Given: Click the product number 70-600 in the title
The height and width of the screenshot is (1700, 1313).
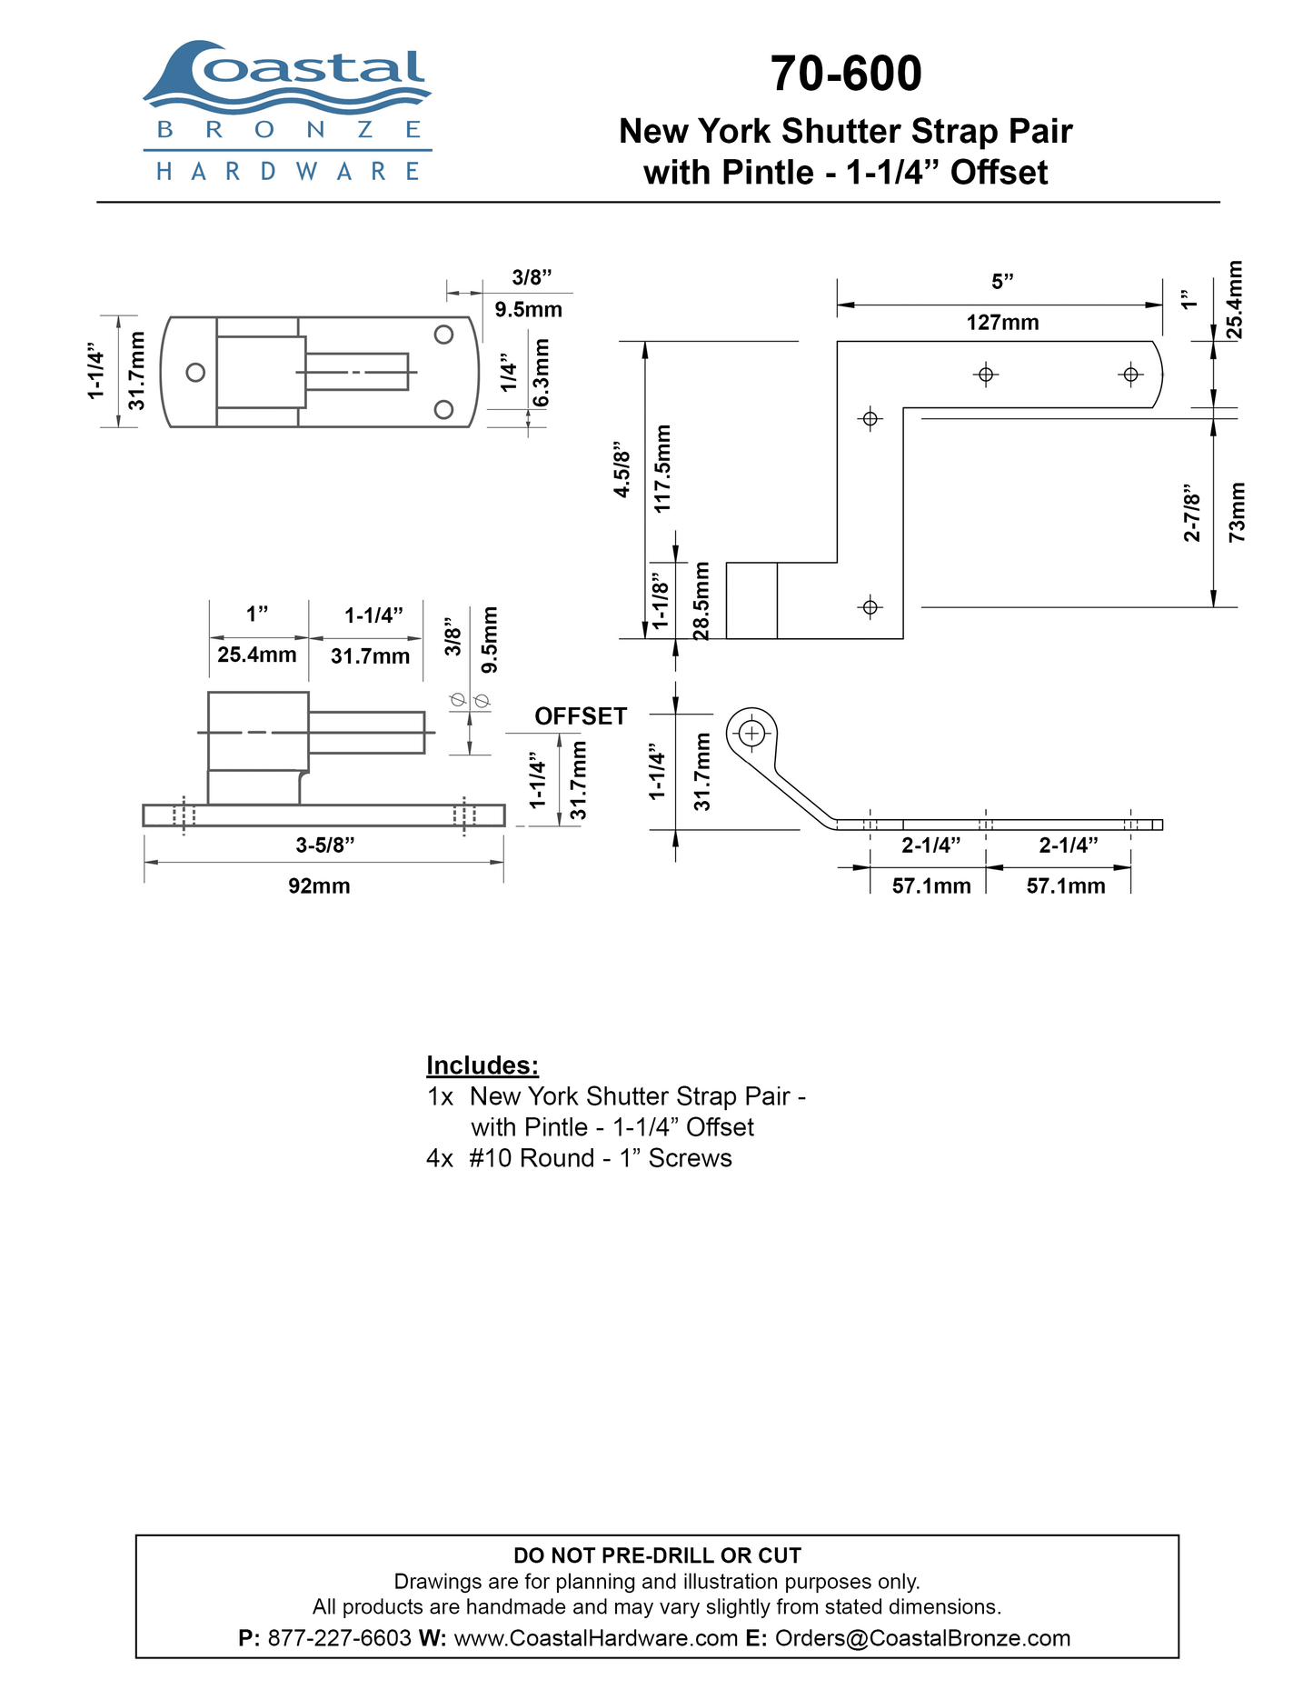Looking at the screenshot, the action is pyautogui.click(x=846, y=74).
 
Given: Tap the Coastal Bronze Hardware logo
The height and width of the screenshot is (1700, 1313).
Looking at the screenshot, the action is pyautogui.click(x=287, y=110).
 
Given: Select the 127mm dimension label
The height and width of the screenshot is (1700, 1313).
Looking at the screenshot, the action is pyautogui.click(x=1002, y=323).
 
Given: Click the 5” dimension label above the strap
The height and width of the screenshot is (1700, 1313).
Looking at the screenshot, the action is pyautogui.click(x=1002, y=282).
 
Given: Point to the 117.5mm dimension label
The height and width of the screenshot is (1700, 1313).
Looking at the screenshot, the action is pyautogui.click(x=662, y=468).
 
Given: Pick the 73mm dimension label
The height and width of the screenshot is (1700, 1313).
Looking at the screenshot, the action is pyautogui.click(x=1237, y=513).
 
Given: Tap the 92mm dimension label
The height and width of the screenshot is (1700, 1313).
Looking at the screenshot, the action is pyautogui.click(x=319, y=885).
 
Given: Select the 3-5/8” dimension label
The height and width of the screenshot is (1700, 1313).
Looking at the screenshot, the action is pyautogui.click(x=324, y=845).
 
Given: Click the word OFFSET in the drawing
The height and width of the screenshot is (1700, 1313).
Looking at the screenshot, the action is pyautogui.click(x=581, y=716).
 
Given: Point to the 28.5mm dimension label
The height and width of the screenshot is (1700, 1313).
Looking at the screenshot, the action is pyautogui.click(x=701, y=601).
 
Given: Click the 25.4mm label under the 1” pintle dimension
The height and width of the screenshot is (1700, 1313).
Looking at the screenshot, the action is pyautogui.click(x=257, y=655).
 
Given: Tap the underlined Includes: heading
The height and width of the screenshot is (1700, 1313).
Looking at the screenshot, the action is pyautogui.click(x=482, y=1065).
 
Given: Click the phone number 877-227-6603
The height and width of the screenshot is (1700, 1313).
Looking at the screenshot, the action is pyautogui.click(x=340, y=1638).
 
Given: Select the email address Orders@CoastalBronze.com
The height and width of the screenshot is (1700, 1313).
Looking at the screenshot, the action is pyautogui.click(x=922, y=1638).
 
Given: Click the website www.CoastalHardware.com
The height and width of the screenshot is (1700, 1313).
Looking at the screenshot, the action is pyautogui.click(x=595, y=1638).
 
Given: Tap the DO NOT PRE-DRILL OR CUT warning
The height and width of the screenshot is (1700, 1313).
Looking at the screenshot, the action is pyautogui.click(x=658, y=1555).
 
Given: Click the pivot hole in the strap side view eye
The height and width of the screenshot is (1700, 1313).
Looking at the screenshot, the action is pyautogui.click(x=751, y=732).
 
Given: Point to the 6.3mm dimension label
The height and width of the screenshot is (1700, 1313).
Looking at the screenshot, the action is pyautogui.click(x=541, y=374).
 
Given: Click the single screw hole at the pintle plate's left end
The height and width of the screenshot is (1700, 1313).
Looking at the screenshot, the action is pyautogui.click(x=194, y=372).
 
